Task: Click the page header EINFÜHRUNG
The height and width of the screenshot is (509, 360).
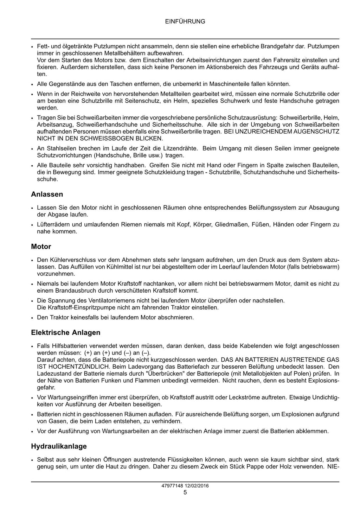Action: [185, 21]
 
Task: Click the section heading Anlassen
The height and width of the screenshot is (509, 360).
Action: [47, 194]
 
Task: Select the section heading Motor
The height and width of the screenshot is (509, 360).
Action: [41, 247]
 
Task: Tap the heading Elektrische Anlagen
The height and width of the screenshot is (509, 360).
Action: [66, 332]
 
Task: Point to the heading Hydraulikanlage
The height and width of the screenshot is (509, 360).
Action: [59, 446]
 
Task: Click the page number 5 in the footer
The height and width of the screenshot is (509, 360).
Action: [185, 492]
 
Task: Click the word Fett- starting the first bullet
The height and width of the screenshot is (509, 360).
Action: [43, 46]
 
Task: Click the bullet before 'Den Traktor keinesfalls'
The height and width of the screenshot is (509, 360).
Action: [32, 318]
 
